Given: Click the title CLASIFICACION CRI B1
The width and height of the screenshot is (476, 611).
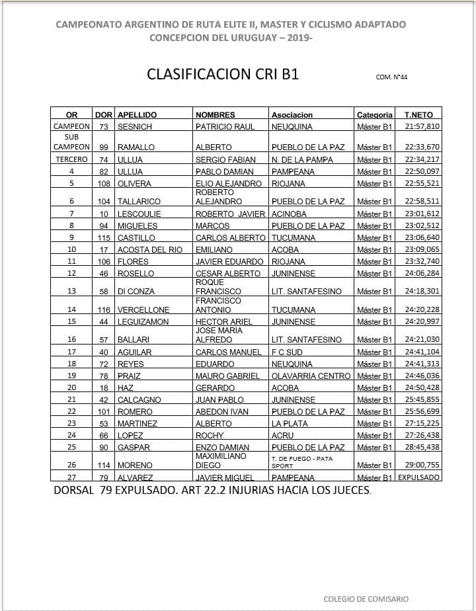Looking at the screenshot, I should pos(222,74).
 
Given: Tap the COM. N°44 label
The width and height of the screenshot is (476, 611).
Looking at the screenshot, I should pos(391,77).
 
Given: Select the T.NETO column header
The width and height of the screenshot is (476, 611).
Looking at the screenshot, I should pos(418,114).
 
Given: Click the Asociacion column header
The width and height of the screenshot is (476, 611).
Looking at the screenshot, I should pos(292,114).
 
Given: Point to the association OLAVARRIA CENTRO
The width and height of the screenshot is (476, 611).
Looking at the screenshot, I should pos(311,376).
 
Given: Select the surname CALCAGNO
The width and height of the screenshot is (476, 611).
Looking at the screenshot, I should pos(139,399).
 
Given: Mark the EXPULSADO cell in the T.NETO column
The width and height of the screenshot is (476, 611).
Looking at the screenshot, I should pos(418,477).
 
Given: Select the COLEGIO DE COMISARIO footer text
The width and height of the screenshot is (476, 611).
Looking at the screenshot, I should pos(366,599).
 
